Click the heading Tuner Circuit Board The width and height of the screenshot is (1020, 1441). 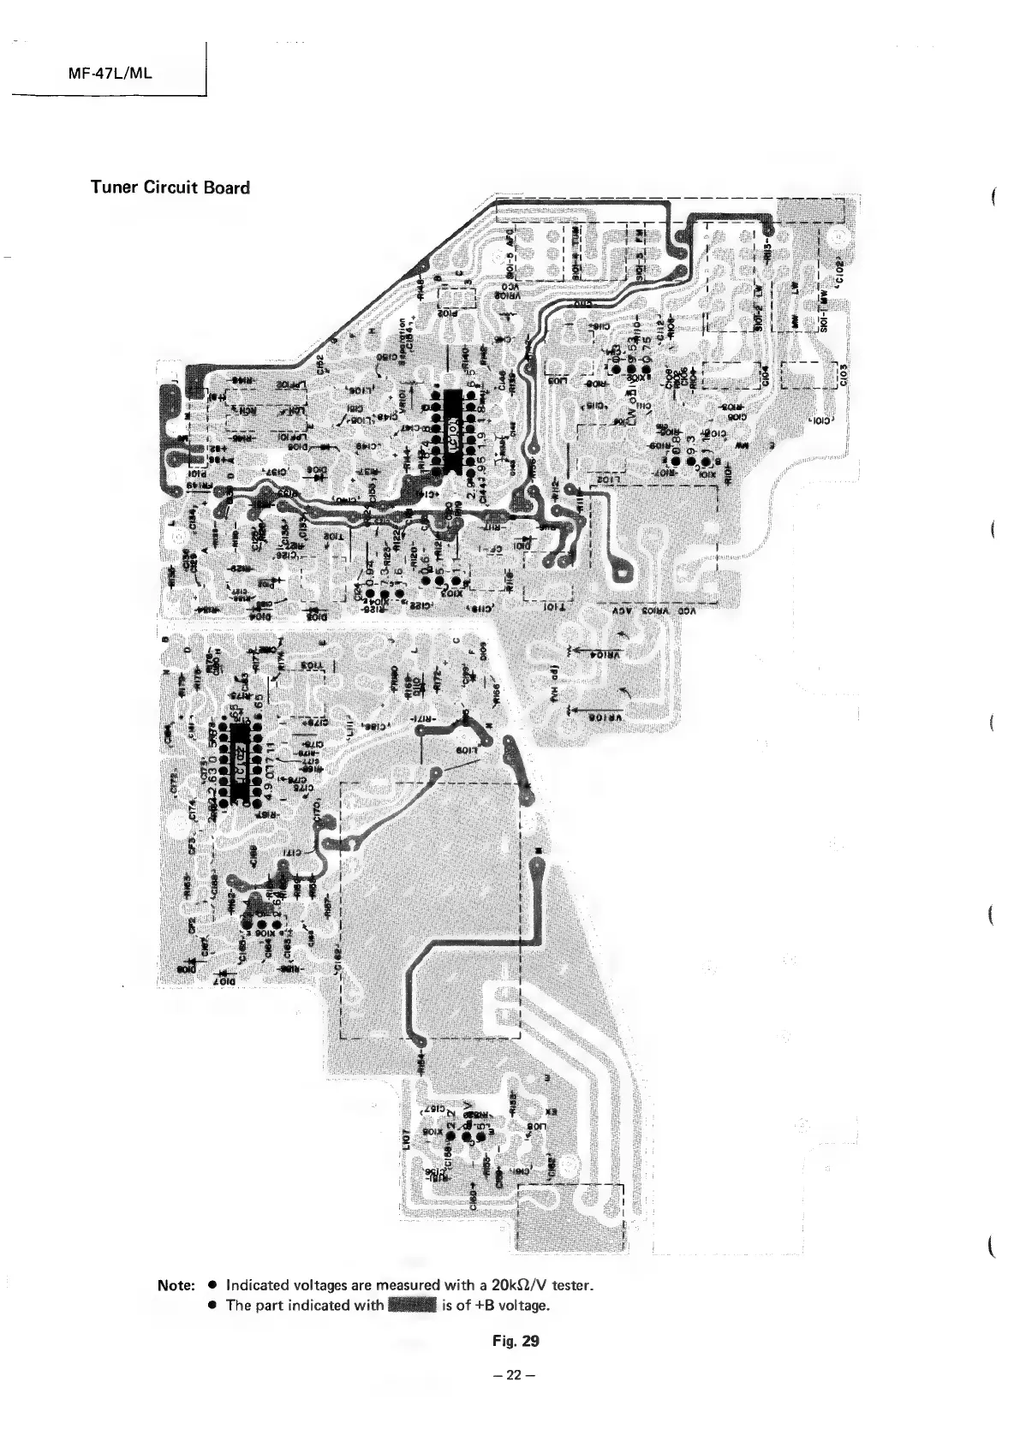click(170, 188)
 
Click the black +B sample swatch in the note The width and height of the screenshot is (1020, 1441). click(413, 1306)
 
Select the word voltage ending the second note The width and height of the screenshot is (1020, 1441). click(522, 1306)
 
